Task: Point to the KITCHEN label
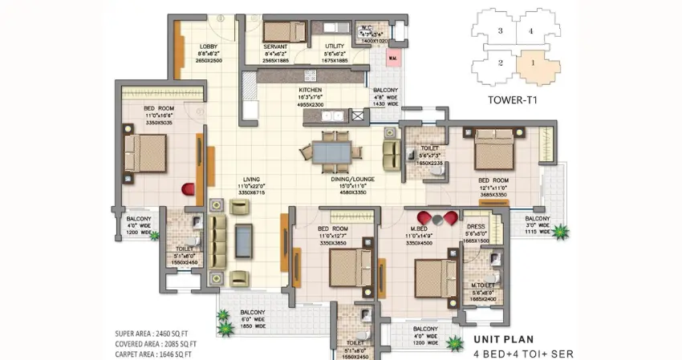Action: (x=311, y=91)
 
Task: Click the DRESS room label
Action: (x=475, y=227)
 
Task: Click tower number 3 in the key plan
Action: (x=500, y=30)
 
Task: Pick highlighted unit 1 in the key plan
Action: (x=530, y=61)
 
